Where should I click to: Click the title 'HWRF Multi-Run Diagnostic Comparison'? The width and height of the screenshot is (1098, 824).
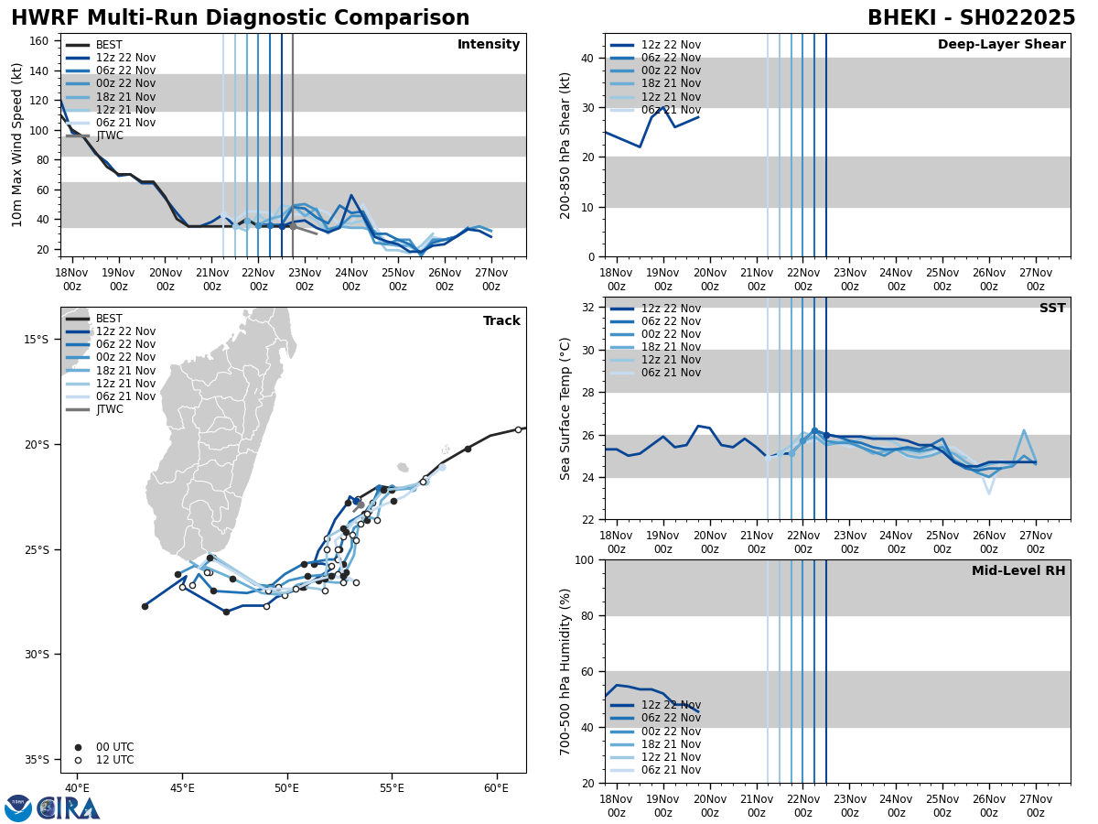[240, 18]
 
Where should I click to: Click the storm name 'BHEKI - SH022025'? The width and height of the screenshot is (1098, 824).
[971, 18]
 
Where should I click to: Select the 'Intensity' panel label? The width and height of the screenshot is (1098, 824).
[489, 45]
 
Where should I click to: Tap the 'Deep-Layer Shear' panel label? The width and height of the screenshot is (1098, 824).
[1001, 45]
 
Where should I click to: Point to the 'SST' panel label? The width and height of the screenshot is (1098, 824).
[1051, 309]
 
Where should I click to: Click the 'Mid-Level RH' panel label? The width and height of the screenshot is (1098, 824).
[1018, 571]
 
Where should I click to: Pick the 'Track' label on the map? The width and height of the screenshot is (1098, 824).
[501, 321]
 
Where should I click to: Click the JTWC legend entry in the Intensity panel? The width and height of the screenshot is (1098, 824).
[110, 136]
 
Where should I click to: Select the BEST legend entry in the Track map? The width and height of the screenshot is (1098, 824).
[109, 319]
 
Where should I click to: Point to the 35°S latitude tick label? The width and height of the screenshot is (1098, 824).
[36, 759]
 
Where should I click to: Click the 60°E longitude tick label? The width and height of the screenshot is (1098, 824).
[496, 788]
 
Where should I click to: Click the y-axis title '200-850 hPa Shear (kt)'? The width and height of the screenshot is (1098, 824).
[566, 145]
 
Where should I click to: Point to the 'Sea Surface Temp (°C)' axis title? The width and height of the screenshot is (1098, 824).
[566, 408]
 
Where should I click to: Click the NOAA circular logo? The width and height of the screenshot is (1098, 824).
[17, 808]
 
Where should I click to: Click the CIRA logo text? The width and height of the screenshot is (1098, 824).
[69, 808]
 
